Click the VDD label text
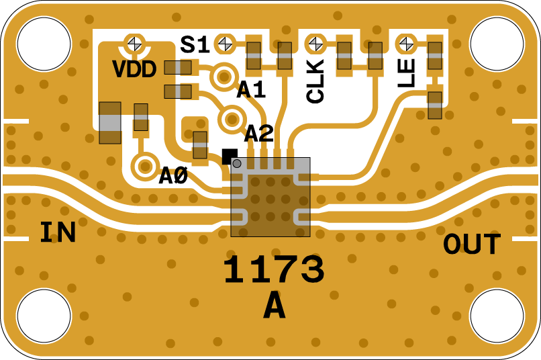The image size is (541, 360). click(134, 69)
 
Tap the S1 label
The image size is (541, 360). click(195, 45)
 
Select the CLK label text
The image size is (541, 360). click(315, 81)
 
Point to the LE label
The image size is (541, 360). click(407, 73)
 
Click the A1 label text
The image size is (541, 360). click(251, 89)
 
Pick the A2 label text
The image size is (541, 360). click(259, 134)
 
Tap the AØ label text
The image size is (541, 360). click(173, 176)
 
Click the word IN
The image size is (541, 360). click(58, 232)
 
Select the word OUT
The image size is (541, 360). click(472, 245)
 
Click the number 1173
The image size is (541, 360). click(274, 271)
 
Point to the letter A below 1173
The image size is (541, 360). click(274, 308)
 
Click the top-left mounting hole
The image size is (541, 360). click(44, 44)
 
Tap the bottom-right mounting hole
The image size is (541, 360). click(497, 316)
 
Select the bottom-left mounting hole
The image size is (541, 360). click(44, 316)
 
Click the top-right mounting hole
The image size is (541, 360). click(497, 44)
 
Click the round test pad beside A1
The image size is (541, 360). click(224, 77)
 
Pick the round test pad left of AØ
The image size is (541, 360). click(144, 166)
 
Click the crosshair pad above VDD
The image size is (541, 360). click(135, 44)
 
